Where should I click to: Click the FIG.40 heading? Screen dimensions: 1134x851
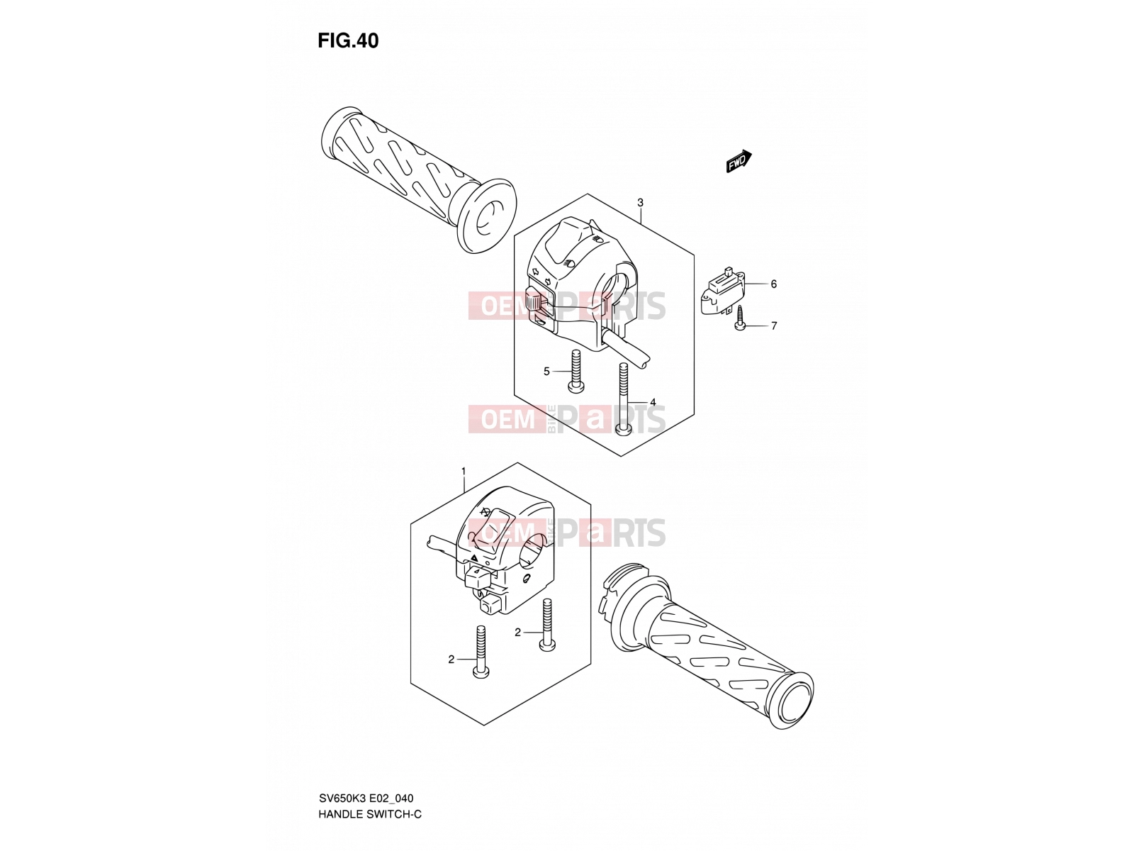[348, 41]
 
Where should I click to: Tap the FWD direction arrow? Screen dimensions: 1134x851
[739, 161]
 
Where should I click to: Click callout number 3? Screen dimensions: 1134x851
[640, 203]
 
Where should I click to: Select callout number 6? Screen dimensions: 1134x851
[773, 284]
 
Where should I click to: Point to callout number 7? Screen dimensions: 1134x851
[774, 326]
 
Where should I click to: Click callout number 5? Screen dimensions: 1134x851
[546, 372]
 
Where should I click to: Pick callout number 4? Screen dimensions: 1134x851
[653, 402]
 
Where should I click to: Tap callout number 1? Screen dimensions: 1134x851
[464, 471]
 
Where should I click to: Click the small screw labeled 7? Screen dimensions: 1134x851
[740, 317]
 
